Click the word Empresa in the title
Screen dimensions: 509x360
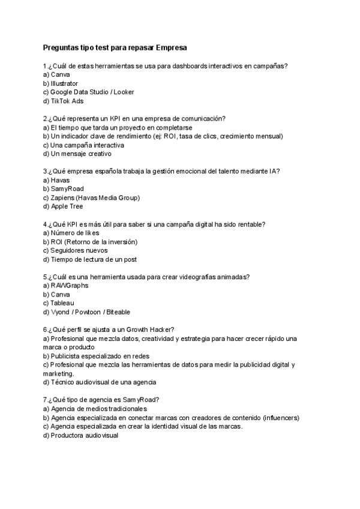pyautogui.click(x=172, y=47)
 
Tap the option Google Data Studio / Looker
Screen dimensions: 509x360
pyautogui.click(x=83, y=92)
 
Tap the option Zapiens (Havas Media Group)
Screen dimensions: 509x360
pyautogui.click(x=91, y=197)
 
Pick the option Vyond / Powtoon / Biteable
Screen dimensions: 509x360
pyautogui.click(x=86, y=312)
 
